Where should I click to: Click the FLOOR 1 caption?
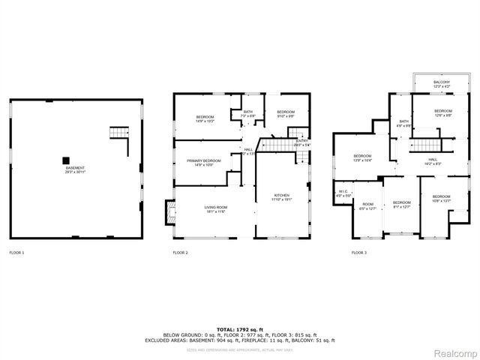[x=16, y=253]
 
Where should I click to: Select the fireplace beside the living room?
[x=169, y=215]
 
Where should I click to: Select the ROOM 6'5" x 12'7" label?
[x=367, y=205]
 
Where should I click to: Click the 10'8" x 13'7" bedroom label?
[x=441, y=198]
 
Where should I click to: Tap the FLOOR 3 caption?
[x=359, y=253]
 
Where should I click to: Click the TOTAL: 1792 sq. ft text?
[x=240, y=329]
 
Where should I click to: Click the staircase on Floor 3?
[x=424, y=144]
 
